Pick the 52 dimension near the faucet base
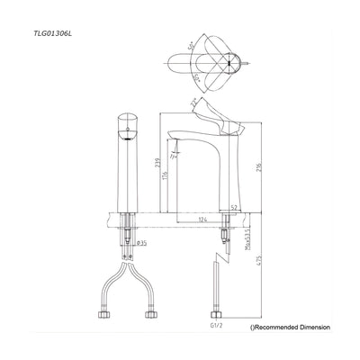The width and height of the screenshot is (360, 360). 234,207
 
